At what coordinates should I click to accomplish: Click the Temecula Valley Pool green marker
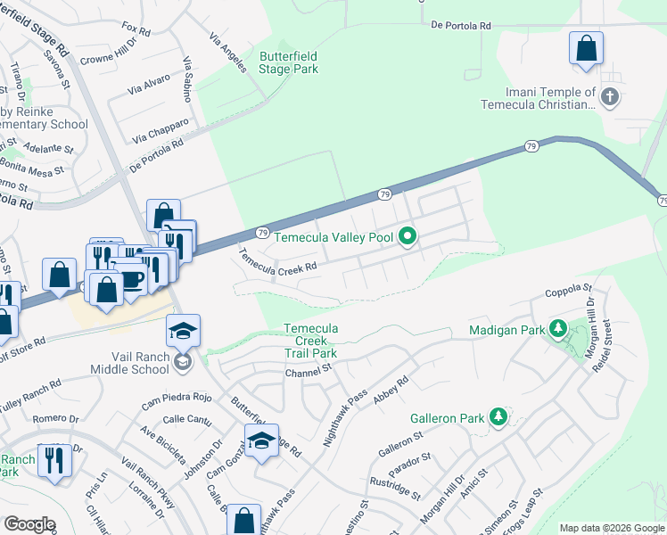click(408, 237)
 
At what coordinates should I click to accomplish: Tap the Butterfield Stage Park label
click(288, 62)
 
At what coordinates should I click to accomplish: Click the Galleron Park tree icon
click(498, 417)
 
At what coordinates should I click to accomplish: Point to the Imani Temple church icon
click(610, 97)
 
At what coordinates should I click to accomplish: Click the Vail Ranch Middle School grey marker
click(183, 361)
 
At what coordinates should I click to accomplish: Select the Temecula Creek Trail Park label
click(310, 341)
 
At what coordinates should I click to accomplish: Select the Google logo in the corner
click(29, 524)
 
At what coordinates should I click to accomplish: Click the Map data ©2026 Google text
click(611, 528)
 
